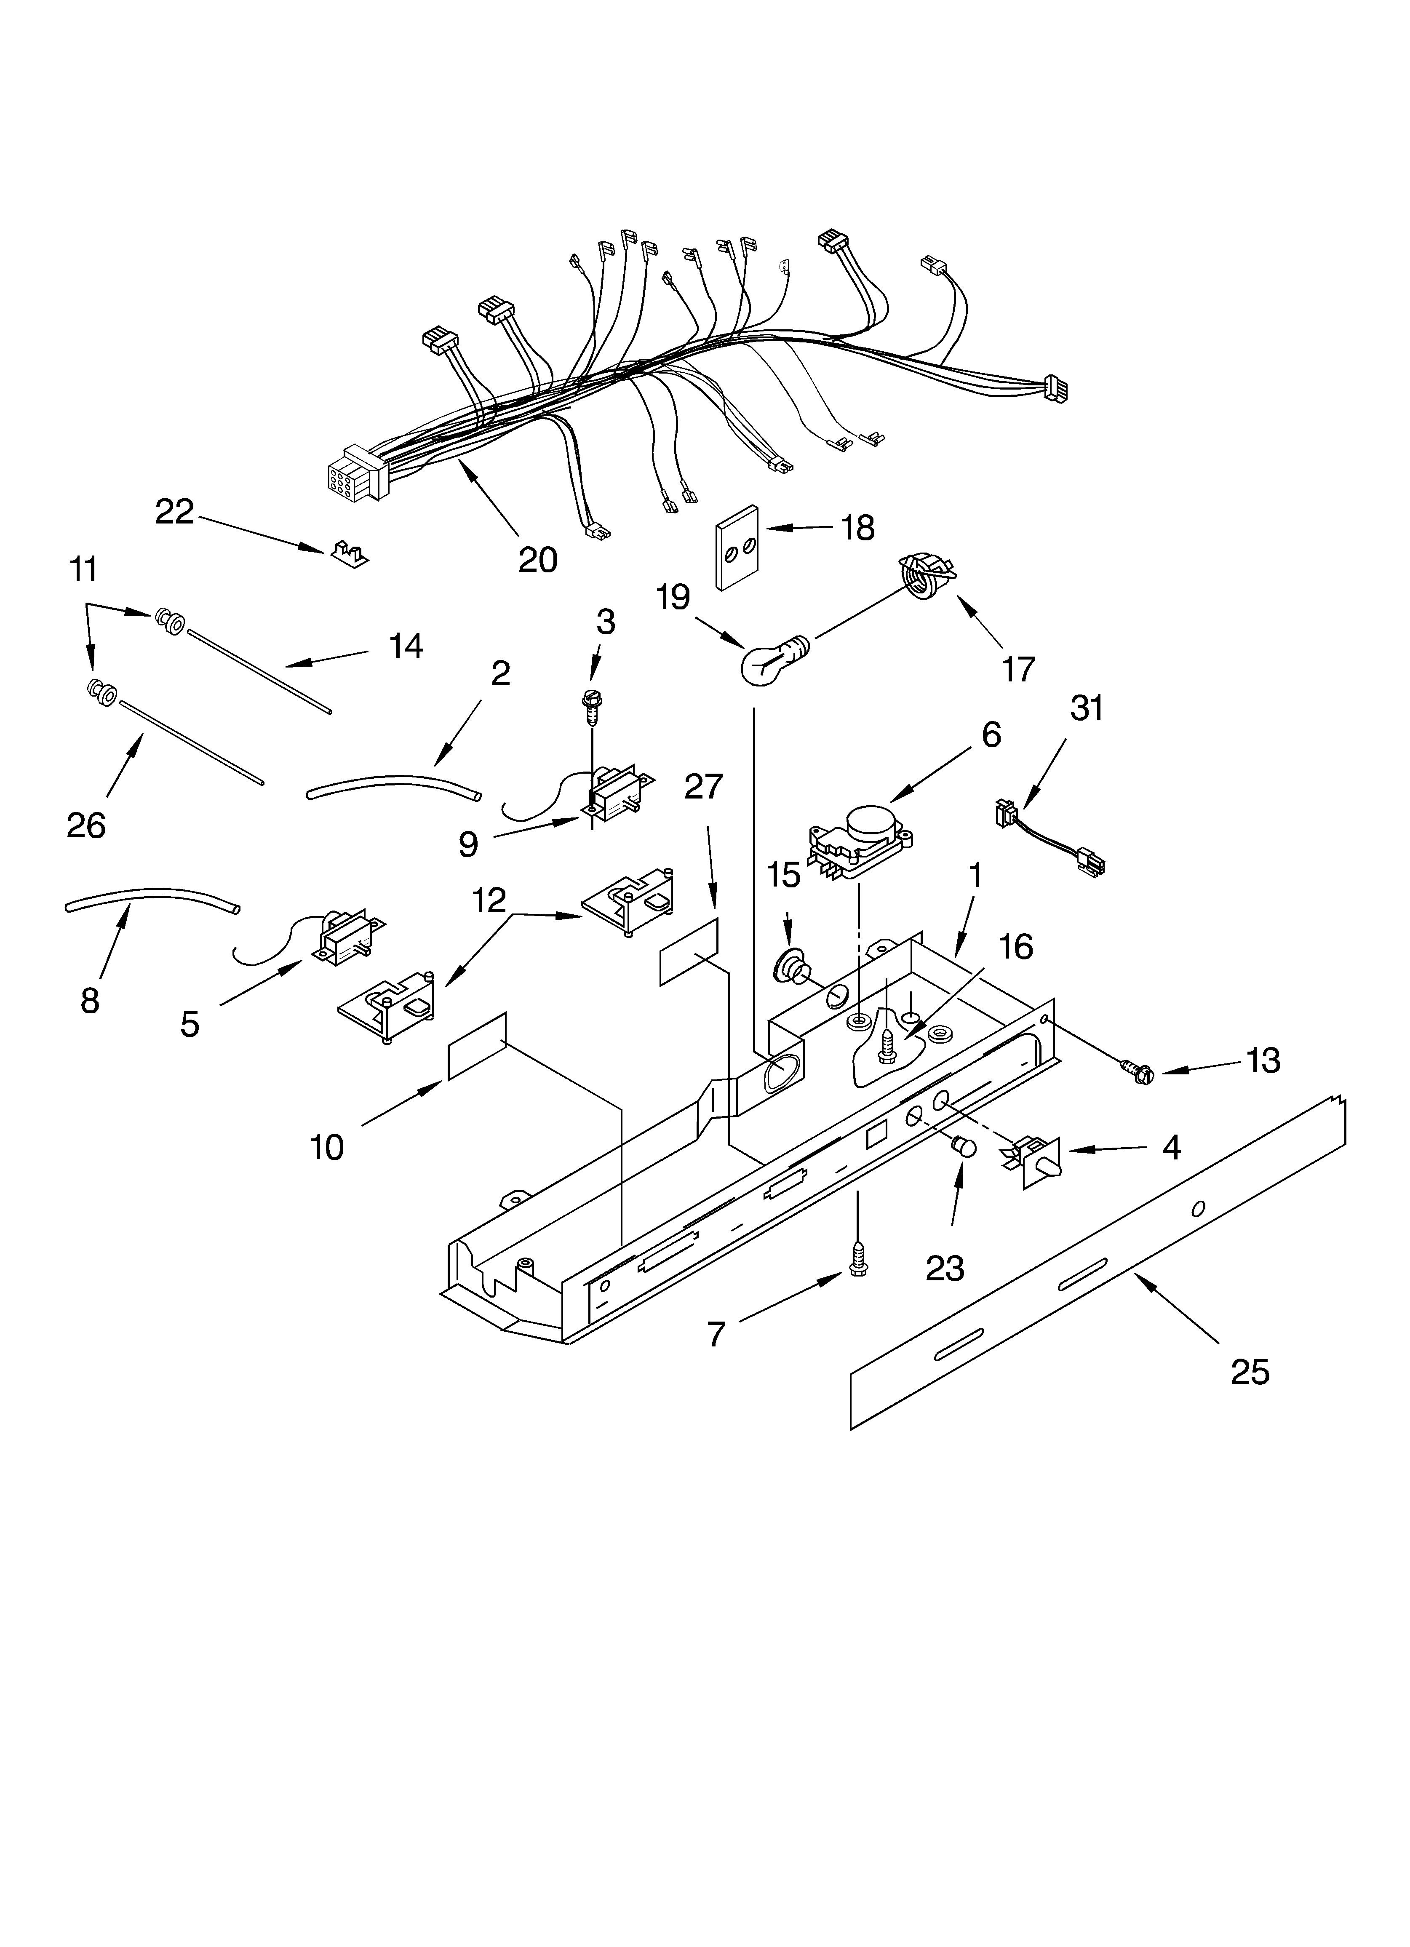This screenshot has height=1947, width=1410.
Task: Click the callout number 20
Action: [537, 560]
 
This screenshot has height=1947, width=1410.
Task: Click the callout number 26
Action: [86, 826]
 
